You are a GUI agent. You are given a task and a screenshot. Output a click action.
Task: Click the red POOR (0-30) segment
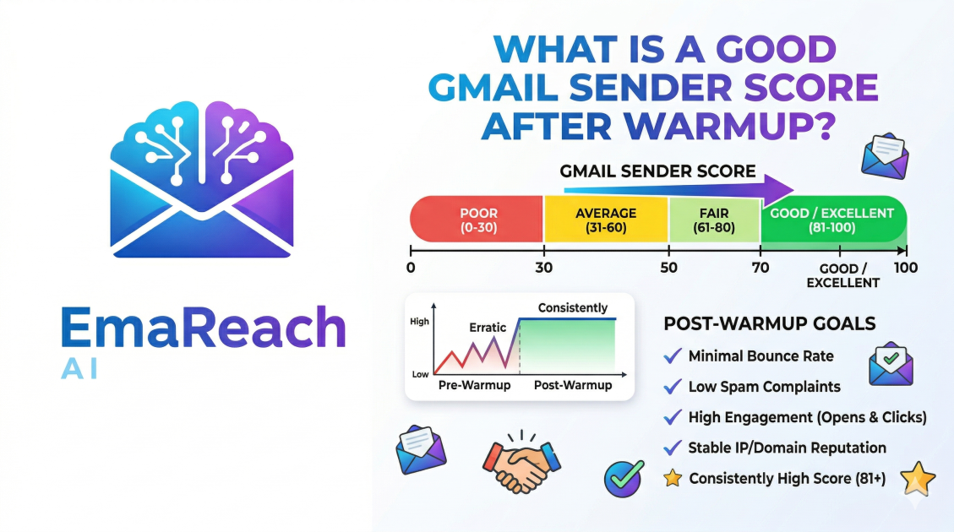(477, 220)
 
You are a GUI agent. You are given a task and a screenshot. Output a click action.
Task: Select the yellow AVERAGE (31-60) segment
(606, 220)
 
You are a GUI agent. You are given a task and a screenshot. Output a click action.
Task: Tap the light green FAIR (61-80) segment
(714, 220)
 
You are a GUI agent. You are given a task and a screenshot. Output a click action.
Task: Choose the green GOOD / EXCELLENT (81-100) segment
(833, 220)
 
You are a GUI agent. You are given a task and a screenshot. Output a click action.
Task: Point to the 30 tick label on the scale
(544, 268)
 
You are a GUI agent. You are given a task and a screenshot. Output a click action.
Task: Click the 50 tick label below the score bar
(668, 268)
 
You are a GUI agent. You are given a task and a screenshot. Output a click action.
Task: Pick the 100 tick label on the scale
(905, 268)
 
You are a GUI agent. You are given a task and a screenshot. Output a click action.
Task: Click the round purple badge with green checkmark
(624, 479)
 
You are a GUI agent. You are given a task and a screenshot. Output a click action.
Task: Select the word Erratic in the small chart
(488, 328)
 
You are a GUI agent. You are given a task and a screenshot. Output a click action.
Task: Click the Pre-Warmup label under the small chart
(475, 385)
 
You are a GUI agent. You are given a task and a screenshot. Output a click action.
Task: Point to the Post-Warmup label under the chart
(573, 385)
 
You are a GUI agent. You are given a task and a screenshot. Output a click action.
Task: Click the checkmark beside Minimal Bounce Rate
(673, 356)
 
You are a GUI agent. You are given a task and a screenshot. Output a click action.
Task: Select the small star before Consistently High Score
(673, 479)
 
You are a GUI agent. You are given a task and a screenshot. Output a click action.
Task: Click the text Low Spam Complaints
(764, 387)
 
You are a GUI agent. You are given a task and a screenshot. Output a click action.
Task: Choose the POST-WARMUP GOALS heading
(770, 323)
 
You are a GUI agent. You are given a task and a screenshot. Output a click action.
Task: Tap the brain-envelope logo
(202, 179)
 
